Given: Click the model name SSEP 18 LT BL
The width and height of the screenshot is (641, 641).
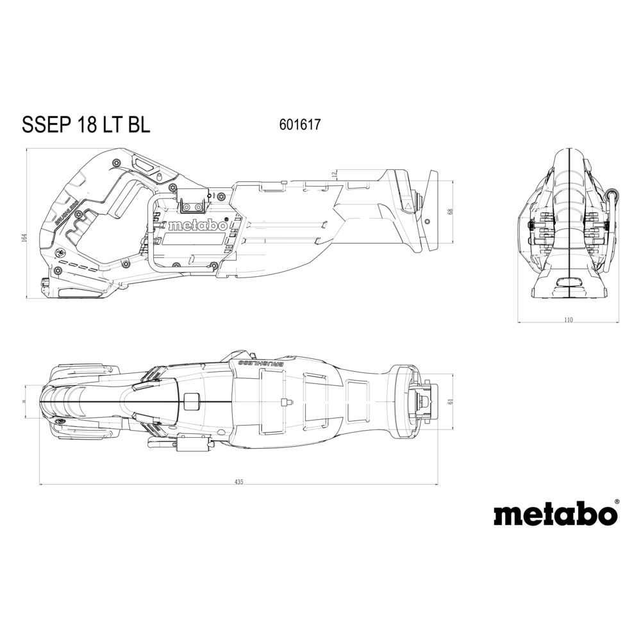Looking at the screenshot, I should (x=86, y=124).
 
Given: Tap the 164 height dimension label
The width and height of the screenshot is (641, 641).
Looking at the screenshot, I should (x=24, y=237).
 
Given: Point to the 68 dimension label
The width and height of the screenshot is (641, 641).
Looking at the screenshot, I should (x=451, y=211).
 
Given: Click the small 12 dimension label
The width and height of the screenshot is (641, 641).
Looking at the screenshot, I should (x=334, y=174).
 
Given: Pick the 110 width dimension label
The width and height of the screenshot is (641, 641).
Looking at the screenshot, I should (x=569, y=320).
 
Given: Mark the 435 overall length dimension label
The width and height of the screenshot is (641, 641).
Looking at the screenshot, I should (x=238, y=481).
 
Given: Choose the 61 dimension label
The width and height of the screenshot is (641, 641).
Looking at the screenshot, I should (x=451, y=401).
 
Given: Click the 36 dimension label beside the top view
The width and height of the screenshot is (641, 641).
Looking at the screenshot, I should (x=24, y=401).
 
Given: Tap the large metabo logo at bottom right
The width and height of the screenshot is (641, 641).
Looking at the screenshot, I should (x=555, y=515).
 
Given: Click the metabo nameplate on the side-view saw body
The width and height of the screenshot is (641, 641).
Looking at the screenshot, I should (x=197, y=226).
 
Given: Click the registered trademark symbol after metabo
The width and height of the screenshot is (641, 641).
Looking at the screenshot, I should (x=617, y=502).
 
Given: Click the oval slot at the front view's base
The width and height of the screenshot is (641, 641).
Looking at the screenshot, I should (x=569, y=283).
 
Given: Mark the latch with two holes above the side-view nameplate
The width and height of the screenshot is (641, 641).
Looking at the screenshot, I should (x=193, y=204).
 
